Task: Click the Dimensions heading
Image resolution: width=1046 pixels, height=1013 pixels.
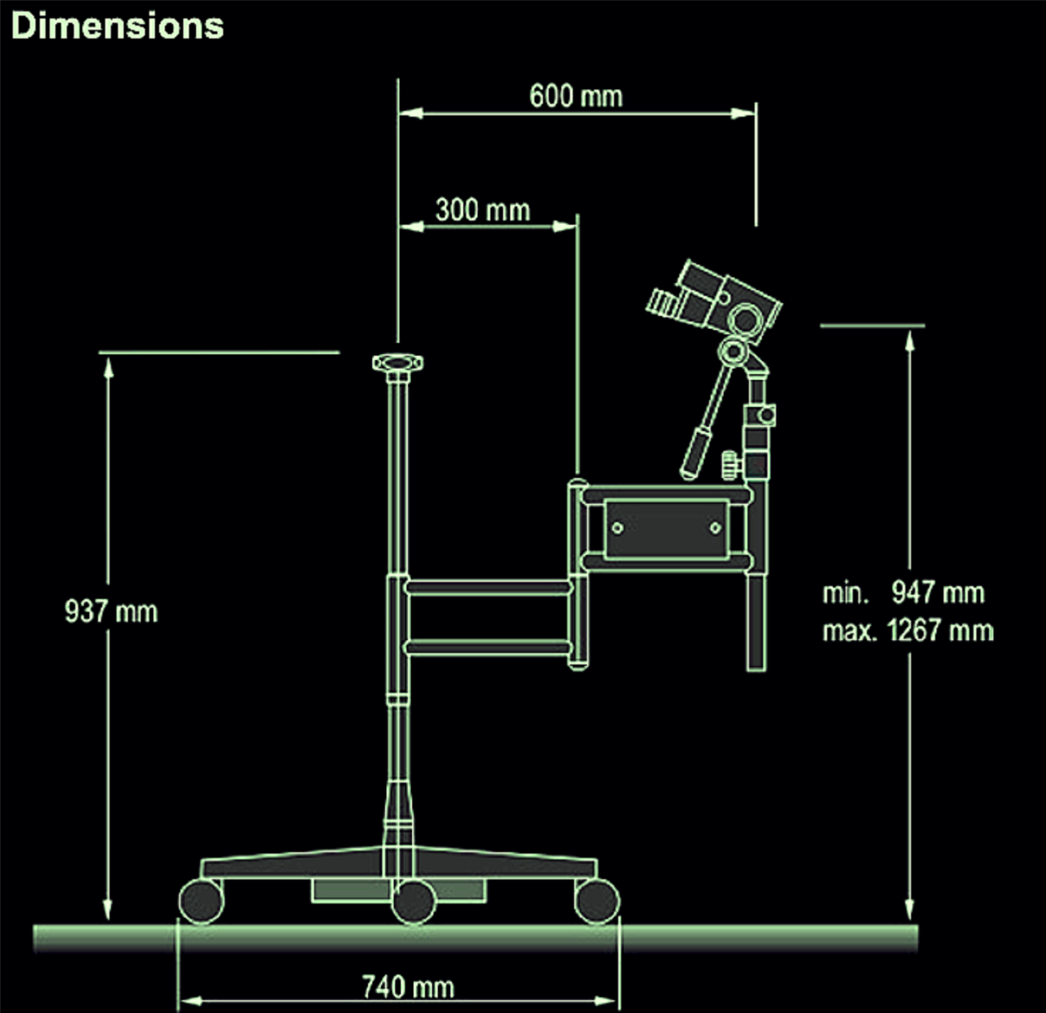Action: (117, 26)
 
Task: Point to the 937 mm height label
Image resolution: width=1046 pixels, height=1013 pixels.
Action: (111, 611)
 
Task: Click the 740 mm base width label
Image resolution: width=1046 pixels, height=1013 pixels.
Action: (408, 987)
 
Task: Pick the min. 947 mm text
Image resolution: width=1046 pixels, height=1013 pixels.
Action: (904, 592)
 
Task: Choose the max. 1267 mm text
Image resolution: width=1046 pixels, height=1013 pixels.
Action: (908, 630)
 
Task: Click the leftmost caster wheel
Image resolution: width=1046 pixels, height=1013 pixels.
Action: (202, 902)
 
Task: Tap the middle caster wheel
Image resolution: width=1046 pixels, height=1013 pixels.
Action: (413, 902)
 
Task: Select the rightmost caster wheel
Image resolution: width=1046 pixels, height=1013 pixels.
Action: (597, 902)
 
